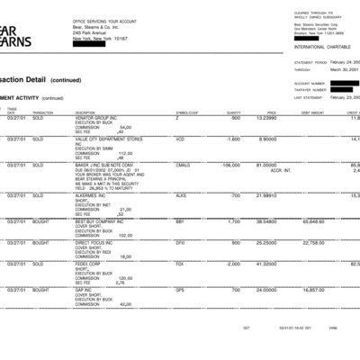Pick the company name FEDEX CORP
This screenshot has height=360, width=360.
coord(94,264)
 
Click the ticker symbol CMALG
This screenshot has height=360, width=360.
coord(183,165)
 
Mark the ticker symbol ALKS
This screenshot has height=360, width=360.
coord(181,194)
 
